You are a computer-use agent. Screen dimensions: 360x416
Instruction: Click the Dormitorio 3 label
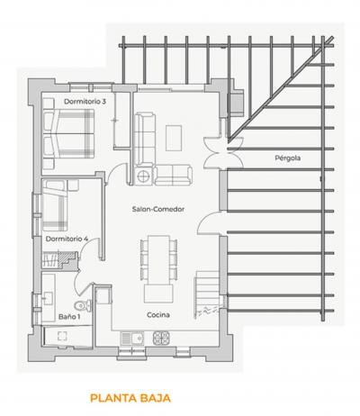click(85, 102)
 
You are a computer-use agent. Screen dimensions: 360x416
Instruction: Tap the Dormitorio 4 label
click(67, 239)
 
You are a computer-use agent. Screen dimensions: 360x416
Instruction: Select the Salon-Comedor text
click(158, 209)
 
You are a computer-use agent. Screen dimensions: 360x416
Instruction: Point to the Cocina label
click(158, 315)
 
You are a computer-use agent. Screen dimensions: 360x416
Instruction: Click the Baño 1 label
click(69, 317)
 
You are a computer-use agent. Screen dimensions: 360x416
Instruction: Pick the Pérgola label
click(288, 158)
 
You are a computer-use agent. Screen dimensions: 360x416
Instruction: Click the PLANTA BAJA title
click(130, 398)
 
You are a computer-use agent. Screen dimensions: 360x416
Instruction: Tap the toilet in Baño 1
click(83, 305)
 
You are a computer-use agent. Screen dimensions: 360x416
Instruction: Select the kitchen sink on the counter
click(132, 339)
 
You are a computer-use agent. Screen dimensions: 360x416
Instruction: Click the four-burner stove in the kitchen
click(162, 339)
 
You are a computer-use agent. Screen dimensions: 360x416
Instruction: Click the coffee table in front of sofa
click(174, 138)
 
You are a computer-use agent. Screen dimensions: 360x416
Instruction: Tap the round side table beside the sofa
click(144, 176)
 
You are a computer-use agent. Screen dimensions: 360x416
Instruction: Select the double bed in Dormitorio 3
click(68, 133)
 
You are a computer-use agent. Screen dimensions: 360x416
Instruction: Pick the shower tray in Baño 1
click(67, 337)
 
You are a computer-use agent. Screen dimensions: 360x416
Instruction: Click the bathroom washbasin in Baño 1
click(48, 299)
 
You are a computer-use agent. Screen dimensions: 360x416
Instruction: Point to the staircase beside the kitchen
click(208, 294)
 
